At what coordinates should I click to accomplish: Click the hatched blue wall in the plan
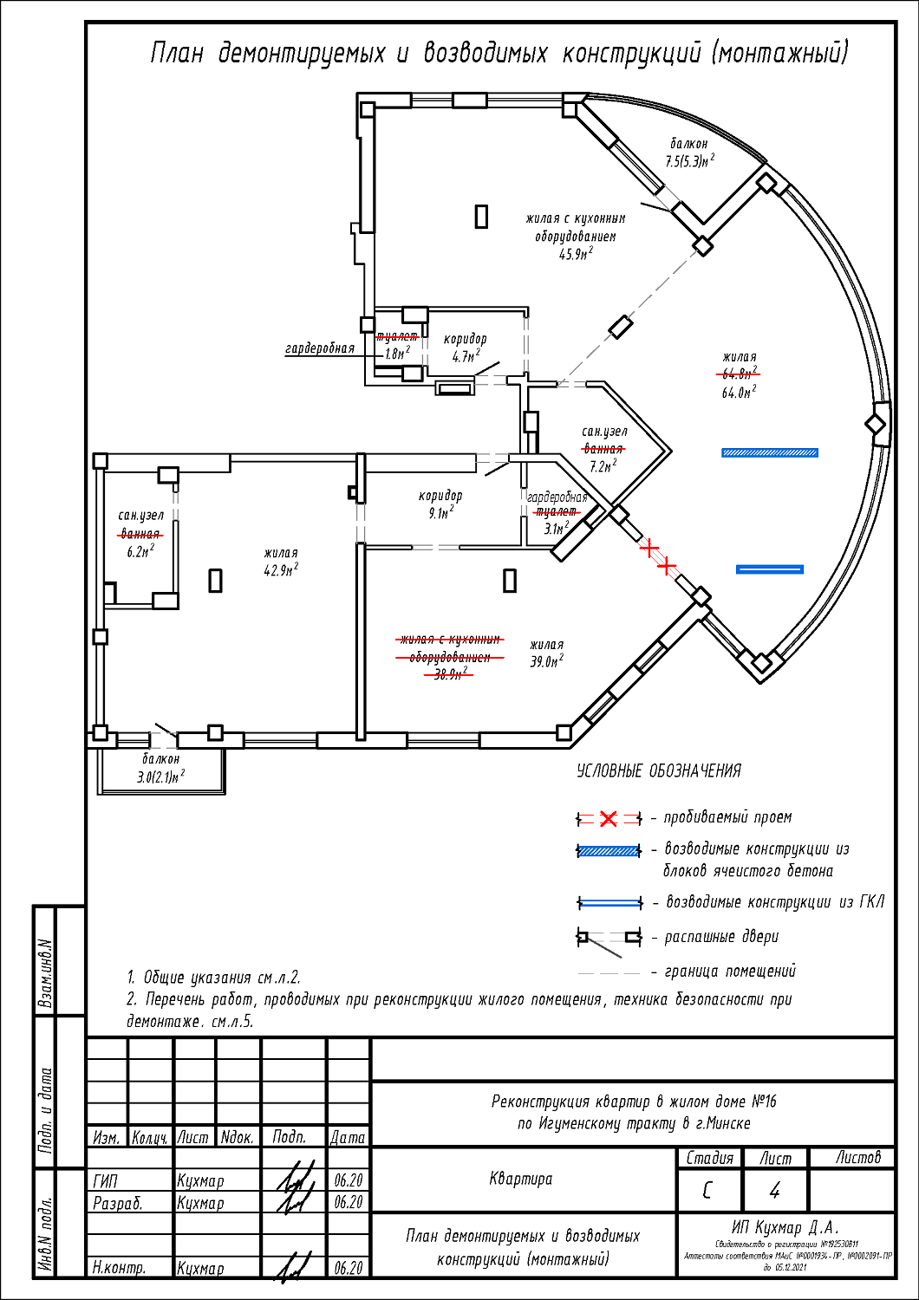pyautogui.click(x=770, y=452)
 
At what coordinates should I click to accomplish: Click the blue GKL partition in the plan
pyautogui.click(x=770, y=569)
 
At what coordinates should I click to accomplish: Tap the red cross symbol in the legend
pyautogui.click(x=609, y=819)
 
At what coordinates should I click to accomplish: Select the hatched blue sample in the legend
pyautogui.click(x=609, y=851)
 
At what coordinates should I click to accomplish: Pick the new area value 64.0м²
pyautogui.click(x=739, y=393)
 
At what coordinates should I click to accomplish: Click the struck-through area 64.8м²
pyautogui.click(x=740, y=374)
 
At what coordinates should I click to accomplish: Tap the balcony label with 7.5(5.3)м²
pyautogui.click(x=689, y=161)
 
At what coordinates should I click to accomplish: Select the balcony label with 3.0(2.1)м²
pyautogui.click(x=160, y=777)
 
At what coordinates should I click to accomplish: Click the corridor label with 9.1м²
pyautogui.click(x=440, y=513)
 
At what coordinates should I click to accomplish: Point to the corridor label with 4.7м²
pyautogui.click(x=466, y=356)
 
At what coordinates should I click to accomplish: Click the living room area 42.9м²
pyautogui.click(x=281, y=570)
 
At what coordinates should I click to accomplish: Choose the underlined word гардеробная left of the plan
pyautogui.click(x=320, y=348)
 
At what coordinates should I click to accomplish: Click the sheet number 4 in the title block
pyautogui.click(x=774, y=1191)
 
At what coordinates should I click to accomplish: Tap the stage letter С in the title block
pyautogui.click(x=707, y=1191)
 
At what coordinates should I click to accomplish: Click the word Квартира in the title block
pyautogui.click(x=520, y=1179)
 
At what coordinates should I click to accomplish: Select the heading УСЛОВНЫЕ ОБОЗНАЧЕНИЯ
pyautogui.click(x=659, y=770)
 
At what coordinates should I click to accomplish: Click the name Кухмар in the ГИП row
pyautogui.click(x=200, y=1180)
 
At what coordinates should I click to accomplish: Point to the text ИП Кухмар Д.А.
pyautogui.click(x=785, y=1227)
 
